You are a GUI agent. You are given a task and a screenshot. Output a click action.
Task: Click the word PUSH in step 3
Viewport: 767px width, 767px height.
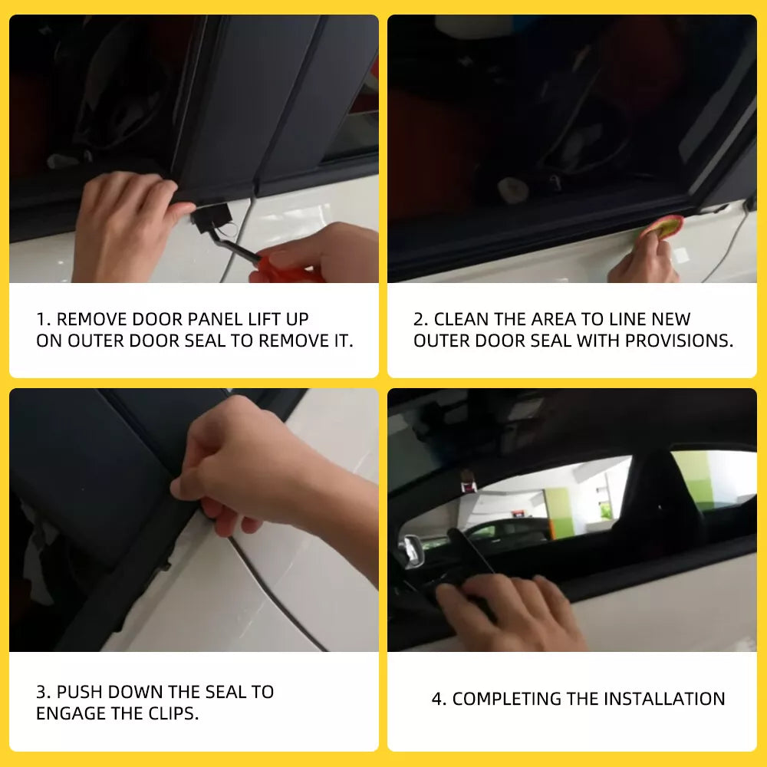[x=81, y=692]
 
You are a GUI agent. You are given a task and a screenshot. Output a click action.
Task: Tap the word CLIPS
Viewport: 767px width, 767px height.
[x=170, y=713]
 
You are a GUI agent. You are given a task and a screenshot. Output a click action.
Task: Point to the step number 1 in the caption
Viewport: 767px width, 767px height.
[x=41, y=319]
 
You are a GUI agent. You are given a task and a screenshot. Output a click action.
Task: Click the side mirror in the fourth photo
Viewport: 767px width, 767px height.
[x=411, y=550]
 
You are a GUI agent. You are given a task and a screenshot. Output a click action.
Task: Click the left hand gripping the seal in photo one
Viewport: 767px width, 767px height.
[x=127, y=222]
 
